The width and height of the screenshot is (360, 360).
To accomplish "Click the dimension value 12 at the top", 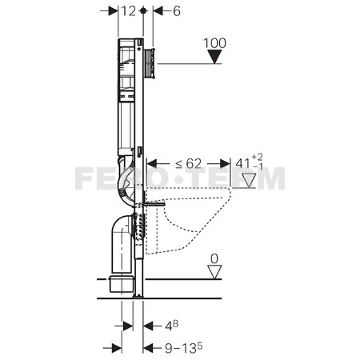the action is tap(129, 11).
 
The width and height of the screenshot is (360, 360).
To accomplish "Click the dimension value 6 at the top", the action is tap(177, 11).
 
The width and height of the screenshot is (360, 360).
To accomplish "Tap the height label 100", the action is tap(214, 43).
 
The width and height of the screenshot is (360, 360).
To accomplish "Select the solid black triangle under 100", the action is tap(214, 57).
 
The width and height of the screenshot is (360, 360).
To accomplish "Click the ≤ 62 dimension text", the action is tap(188, 164).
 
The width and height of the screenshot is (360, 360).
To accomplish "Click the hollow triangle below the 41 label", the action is tap(249, 181).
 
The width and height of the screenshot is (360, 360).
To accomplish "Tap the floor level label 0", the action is tap(214, 258).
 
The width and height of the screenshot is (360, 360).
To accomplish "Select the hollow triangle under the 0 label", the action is tap(214, 272).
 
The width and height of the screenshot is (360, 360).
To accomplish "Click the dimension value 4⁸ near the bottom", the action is tap(171, 326).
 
